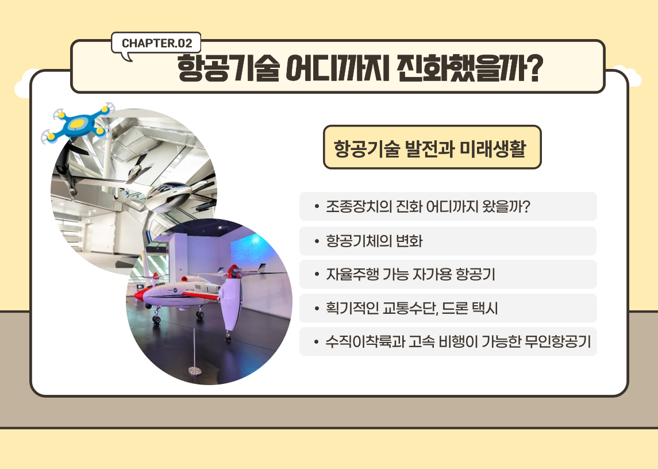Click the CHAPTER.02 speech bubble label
(x=156, y=43)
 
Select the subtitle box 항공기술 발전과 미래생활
(x=432, y=147)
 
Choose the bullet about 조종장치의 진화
(x=448, y=206)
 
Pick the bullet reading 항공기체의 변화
(x=448, y=241)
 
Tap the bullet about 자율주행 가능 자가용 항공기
(x=448, y=274)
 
